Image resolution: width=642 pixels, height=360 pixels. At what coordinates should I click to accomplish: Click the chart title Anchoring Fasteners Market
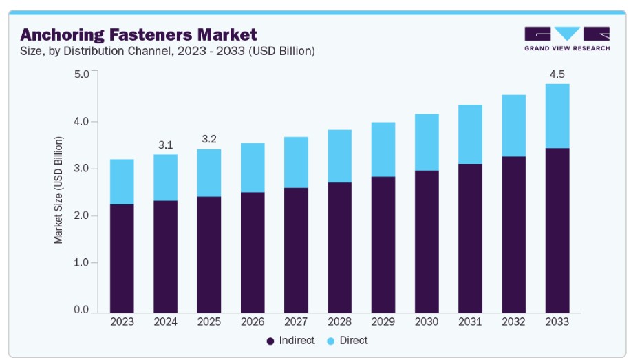139,35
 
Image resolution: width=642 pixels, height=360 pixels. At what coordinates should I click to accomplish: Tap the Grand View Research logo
567,39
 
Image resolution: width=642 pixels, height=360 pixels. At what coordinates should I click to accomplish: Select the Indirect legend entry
290,340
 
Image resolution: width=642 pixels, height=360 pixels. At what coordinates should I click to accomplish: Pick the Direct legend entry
347,340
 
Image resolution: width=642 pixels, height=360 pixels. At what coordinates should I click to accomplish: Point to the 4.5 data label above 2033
557,74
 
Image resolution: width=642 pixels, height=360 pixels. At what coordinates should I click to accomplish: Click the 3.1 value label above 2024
165,145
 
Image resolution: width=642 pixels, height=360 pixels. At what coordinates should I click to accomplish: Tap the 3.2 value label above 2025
208,139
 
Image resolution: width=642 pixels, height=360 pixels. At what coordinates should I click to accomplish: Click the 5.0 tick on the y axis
81,74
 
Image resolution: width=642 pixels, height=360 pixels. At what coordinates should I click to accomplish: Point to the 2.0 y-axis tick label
81,215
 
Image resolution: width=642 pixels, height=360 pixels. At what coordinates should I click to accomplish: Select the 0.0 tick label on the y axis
81,310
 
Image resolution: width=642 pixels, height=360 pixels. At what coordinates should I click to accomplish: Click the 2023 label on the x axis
122,322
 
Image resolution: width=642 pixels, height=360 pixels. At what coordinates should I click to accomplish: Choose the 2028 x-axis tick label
339,322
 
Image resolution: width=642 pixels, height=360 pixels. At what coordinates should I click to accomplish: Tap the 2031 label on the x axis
470,322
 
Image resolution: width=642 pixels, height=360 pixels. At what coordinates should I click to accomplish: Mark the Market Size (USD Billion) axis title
58,190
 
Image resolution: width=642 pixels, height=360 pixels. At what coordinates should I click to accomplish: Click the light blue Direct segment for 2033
557,116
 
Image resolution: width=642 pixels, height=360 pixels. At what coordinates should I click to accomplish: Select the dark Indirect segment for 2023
122,259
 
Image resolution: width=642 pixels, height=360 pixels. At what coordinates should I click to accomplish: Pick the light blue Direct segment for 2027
296,162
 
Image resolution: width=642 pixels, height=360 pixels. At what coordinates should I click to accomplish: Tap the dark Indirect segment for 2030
427,242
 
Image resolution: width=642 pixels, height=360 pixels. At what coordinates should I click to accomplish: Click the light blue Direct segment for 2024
165,178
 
